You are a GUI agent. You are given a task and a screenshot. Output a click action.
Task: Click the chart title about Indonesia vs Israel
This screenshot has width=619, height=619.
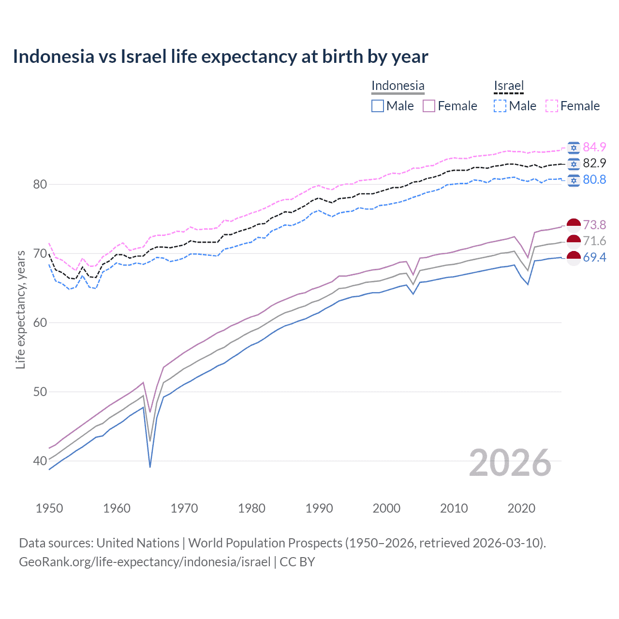coord(221,57)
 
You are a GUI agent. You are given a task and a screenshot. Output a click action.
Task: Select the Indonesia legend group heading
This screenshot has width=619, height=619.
coord(398,86)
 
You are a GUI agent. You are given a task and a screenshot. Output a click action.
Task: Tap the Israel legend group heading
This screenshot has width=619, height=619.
coord(509,86)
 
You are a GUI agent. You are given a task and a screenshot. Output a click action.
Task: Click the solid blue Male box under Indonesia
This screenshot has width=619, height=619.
coord(378,106)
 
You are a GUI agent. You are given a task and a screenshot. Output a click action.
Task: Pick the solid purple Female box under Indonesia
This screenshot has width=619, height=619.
coord(429,106)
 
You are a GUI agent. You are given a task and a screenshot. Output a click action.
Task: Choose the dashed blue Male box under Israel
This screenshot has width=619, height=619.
coord(500,106)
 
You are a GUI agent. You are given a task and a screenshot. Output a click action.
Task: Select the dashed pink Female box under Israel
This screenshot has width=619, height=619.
coord(552,106)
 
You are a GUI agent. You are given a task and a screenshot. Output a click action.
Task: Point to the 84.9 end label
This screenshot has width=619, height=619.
coord(594,147)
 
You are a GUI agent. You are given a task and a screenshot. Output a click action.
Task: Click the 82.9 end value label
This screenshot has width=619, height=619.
coord(594,163)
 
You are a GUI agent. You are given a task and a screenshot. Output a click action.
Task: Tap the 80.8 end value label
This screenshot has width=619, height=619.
coord(594,180)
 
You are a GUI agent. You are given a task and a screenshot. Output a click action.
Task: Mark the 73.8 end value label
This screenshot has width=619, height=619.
coord(594,225)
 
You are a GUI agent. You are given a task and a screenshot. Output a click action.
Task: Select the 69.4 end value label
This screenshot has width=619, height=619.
coord(594,257)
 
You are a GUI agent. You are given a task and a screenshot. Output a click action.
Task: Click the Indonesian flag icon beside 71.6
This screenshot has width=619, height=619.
coord(574,241)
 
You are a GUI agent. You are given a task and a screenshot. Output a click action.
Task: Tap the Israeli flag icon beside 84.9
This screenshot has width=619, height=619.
coord(574,147)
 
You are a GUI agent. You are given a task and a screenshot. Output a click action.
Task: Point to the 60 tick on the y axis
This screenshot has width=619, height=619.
coord(40,323)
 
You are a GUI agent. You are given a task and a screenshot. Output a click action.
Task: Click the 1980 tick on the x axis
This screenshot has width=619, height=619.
coord(251,508)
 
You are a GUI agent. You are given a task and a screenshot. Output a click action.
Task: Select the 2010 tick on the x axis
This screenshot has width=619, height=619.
coord(454,508)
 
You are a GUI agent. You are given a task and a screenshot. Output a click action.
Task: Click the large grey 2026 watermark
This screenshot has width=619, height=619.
coord(510,463)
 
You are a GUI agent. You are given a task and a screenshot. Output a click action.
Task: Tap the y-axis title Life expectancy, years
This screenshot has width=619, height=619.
coord(20,309)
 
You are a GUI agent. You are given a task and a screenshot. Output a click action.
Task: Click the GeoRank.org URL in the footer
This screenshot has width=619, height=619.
coord(145,562)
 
